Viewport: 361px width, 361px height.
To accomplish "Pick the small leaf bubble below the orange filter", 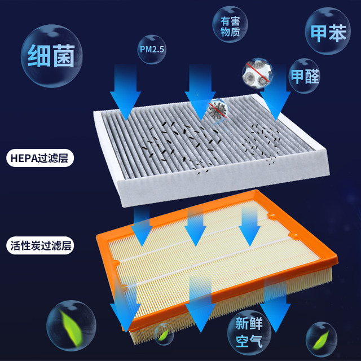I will pos(164,334).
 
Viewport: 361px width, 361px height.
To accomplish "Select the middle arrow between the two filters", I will pos(195,223).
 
